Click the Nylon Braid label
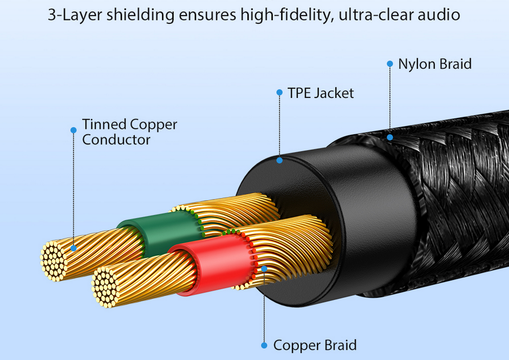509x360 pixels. [x=435, y=64]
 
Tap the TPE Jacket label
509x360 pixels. [x=321, y=93]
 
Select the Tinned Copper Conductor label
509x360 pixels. [x=129, y=132]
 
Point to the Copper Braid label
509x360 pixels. [x=315, y=345]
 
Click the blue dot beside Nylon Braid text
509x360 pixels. [x=389, y=64]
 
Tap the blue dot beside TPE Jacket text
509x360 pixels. [x=279, y=93]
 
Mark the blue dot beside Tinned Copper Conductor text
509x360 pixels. [x=74, y=130]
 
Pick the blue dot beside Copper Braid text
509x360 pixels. [x=264, y=345]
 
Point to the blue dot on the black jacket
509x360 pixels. [x=279, y=160]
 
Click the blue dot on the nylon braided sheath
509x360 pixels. [x=390, y=137]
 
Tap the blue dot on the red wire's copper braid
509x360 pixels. [x=264, y=269]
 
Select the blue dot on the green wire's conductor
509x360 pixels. [x=74, y=248]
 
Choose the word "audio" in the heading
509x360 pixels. [x=435, y=15]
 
